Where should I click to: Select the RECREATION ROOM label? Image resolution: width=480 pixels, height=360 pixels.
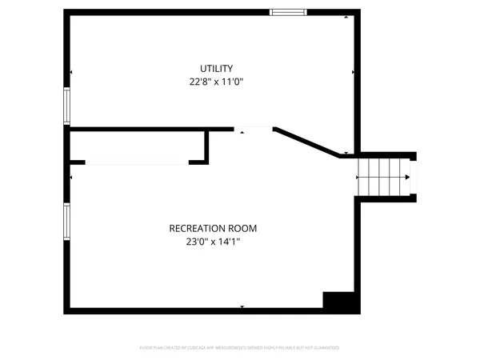(213, 228)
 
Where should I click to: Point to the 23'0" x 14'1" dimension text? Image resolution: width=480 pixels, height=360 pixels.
(213, 241)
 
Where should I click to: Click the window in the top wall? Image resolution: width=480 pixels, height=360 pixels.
(287, 12)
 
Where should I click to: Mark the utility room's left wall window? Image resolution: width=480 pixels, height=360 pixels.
(67, 105)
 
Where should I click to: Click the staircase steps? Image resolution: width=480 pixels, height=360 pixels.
(381, 177)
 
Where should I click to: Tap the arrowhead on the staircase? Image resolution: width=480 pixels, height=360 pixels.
(407, 177)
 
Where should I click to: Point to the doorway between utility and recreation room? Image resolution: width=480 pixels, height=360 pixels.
(254, 128)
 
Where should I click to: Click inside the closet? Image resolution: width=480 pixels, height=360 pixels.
(136, 146)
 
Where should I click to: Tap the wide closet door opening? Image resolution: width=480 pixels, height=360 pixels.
(136, 162)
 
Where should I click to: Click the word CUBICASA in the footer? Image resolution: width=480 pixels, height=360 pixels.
(201, 348)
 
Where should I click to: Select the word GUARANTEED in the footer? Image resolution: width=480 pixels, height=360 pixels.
(325, 348)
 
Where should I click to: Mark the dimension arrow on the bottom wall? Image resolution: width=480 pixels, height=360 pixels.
(242, 306)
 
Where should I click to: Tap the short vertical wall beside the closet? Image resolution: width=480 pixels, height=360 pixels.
(207, 146)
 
